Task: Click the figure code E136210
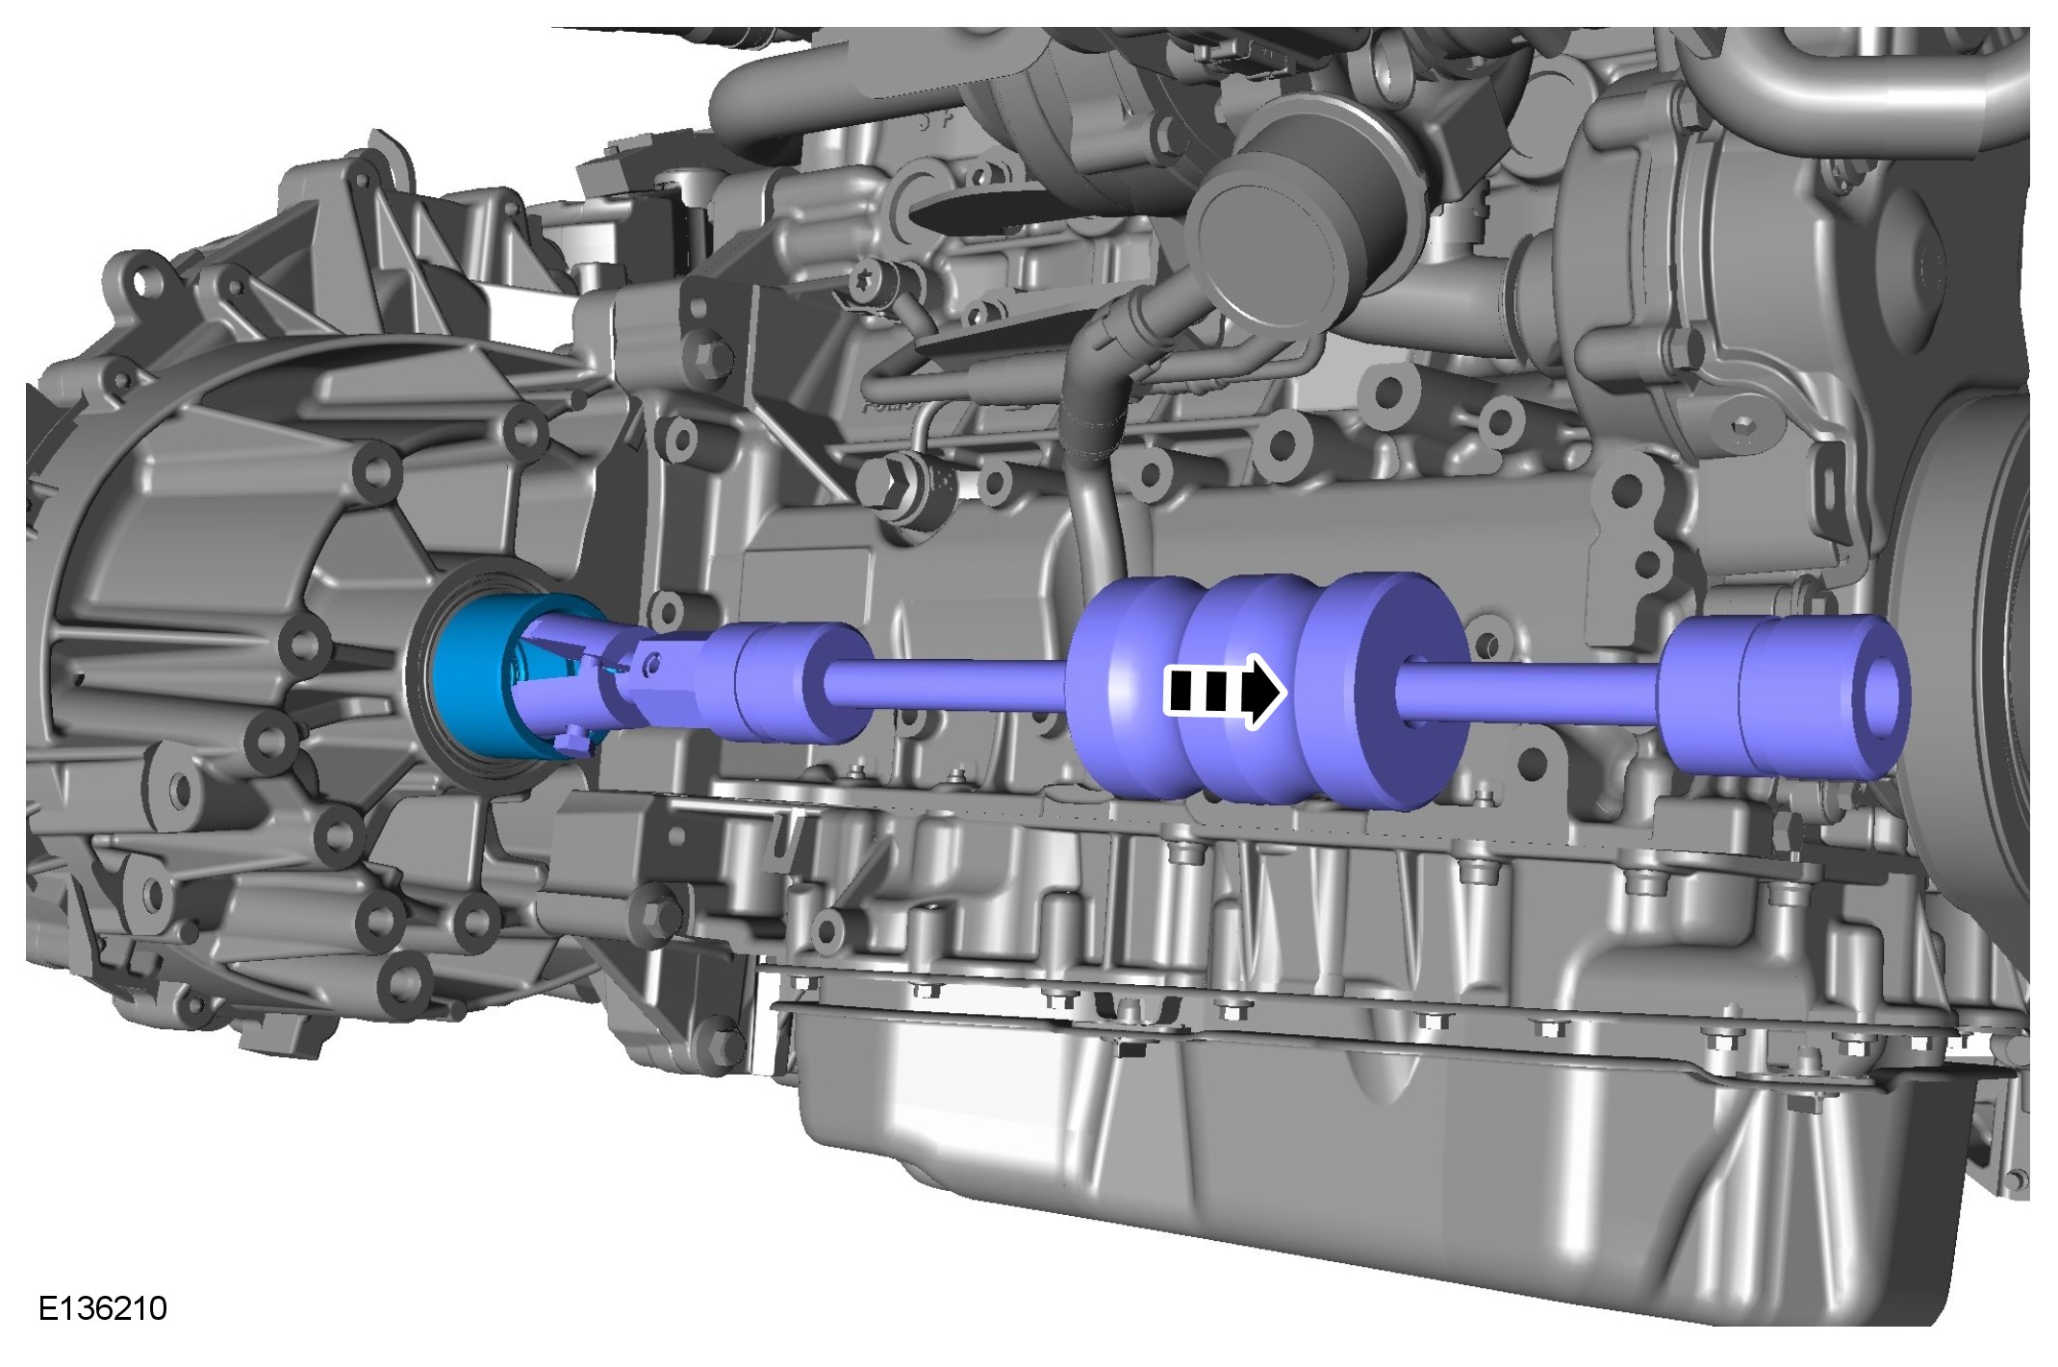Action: [103, 1308]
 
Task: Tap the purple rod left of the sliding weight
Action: [949, 685]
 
